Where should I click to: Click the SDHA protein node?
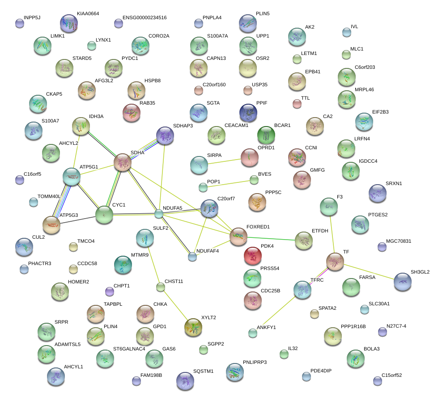[123, 162]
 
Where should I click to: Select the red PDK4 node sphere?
[253, 256]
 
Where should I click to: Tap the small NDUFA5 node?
[158, 214]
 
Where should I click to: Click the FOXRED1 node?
[238, 236]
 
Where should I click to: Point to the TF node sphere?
[335, 262]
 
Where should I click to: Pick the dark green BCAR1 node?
[266, 135]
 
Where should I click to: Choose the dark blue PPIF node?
[248, 113]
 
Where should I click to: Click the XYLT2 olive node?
[193, 327]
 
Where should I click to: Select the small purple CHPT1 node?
[110, 291]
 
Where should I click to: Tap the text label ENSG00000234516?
[145, 18]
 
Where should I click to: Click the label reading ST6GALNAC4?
[129, 349]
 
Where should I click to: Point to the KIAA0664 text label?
[88, 13]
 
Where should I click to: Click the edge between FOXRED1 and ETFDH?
[271, 239]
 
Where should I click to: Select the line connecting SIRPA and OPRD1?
[224, 161]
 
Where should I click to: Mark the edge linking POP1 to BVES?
[229, 184]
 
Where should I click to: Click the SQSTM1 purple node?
[185, 381]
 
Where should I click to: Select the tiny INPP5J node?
[20, 24]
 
